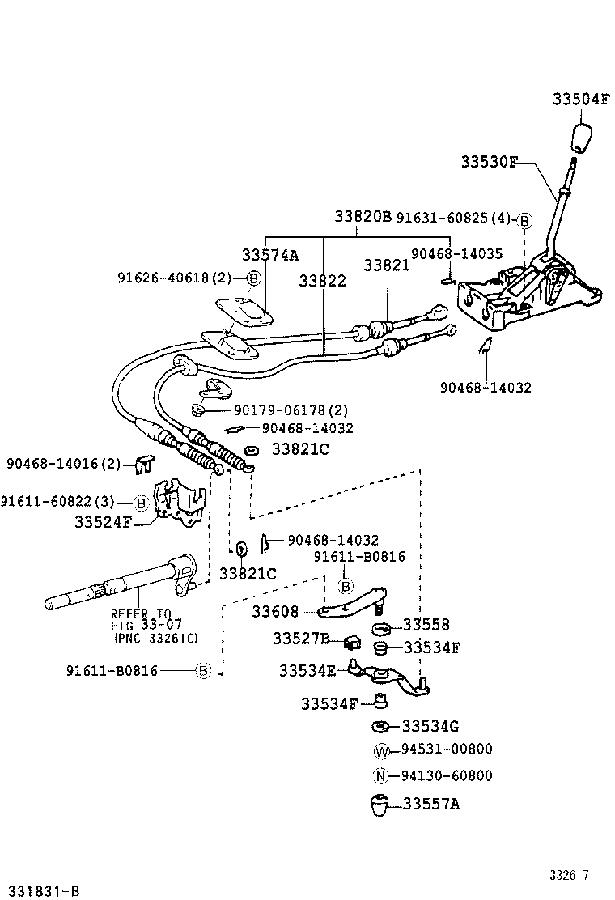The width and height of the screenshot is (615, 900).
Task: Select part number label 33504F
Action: click(x=580, y=100)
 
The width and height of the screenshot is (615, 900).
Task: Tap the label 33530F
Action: click(x=489, y=162)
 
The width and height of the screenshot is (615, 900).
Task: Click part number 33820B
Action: click(x=363, y=217)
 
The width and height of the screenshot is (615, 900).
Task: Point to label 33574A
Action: click(x=269, y=255)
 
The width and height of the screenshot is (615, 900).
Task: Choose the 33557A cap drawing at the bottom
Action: click(x=379, y=807)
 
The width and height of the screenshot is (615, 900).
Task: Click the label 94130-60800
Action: click(x=446, y=776)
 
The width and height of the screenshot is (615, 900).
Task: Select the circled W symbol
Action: click(x=382, y=750)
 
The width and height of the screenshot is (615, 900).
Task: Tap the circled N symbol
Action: click(x=382, y=777)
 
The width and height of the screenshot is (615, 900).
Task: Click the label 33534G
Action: click(x=430, y=725)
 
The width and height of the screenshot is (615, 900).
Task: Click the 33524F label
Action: click(x=103, y=522)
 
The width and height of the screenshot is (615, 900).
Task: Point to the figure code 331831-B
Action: click(x=40, y=891)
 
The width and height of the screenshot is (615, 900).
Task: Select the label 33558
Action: click(x=426, y=625)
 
